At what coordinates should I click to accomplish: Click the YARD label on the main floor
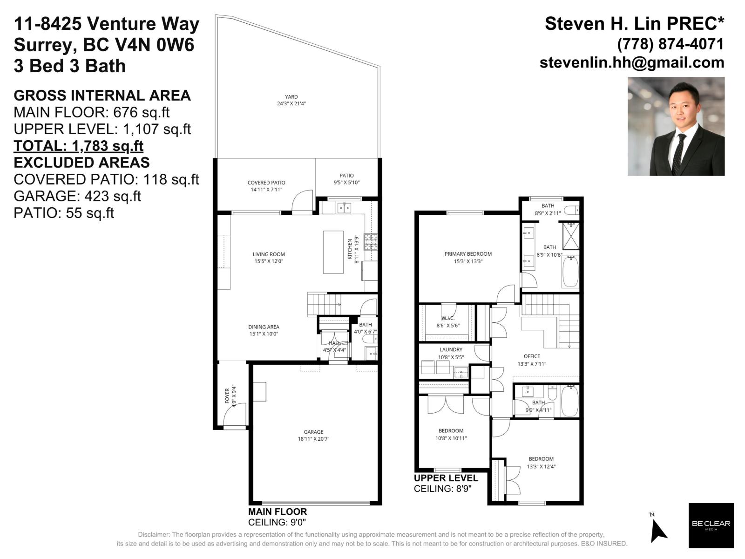point(291,97)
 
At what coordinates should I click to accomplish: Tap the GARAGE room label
point(313,432)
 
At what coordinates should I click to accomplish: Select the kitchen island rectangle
point(333,252)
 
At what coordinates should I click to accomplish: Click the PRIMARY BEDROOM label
point(468,254)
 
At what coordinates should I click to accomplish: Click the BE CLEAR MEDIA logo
point(711,525)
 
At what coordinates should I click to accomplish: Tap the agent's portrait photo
point(676,126)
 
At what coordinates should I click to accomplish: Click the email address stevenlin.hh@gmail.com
point(632,62)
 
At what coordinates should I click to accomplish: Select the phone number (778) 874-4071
point(670,44)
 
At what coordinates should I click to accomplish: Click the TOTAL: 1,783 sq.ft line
point(78,146)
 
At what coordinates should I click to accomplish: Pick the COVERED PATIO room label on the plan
point(266,183)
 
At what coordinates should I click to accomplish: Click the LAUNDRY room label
point(451,349)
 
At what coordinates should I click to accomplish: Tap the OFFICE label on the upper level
point(532,356)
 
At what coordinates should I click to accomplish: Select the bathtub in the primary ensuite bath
point(570,273)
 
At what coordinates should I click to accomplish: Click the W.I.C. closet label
point(447,318)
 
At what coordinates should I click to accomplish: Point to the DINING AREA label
point(264,327)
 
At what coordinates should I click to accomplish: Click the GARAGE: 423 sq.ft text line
point(77,196)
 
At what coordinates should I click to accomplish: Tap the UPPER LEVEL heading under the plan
point(446,478)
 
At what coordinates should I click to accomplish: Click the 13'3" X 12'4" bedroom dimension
point(541,466)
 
